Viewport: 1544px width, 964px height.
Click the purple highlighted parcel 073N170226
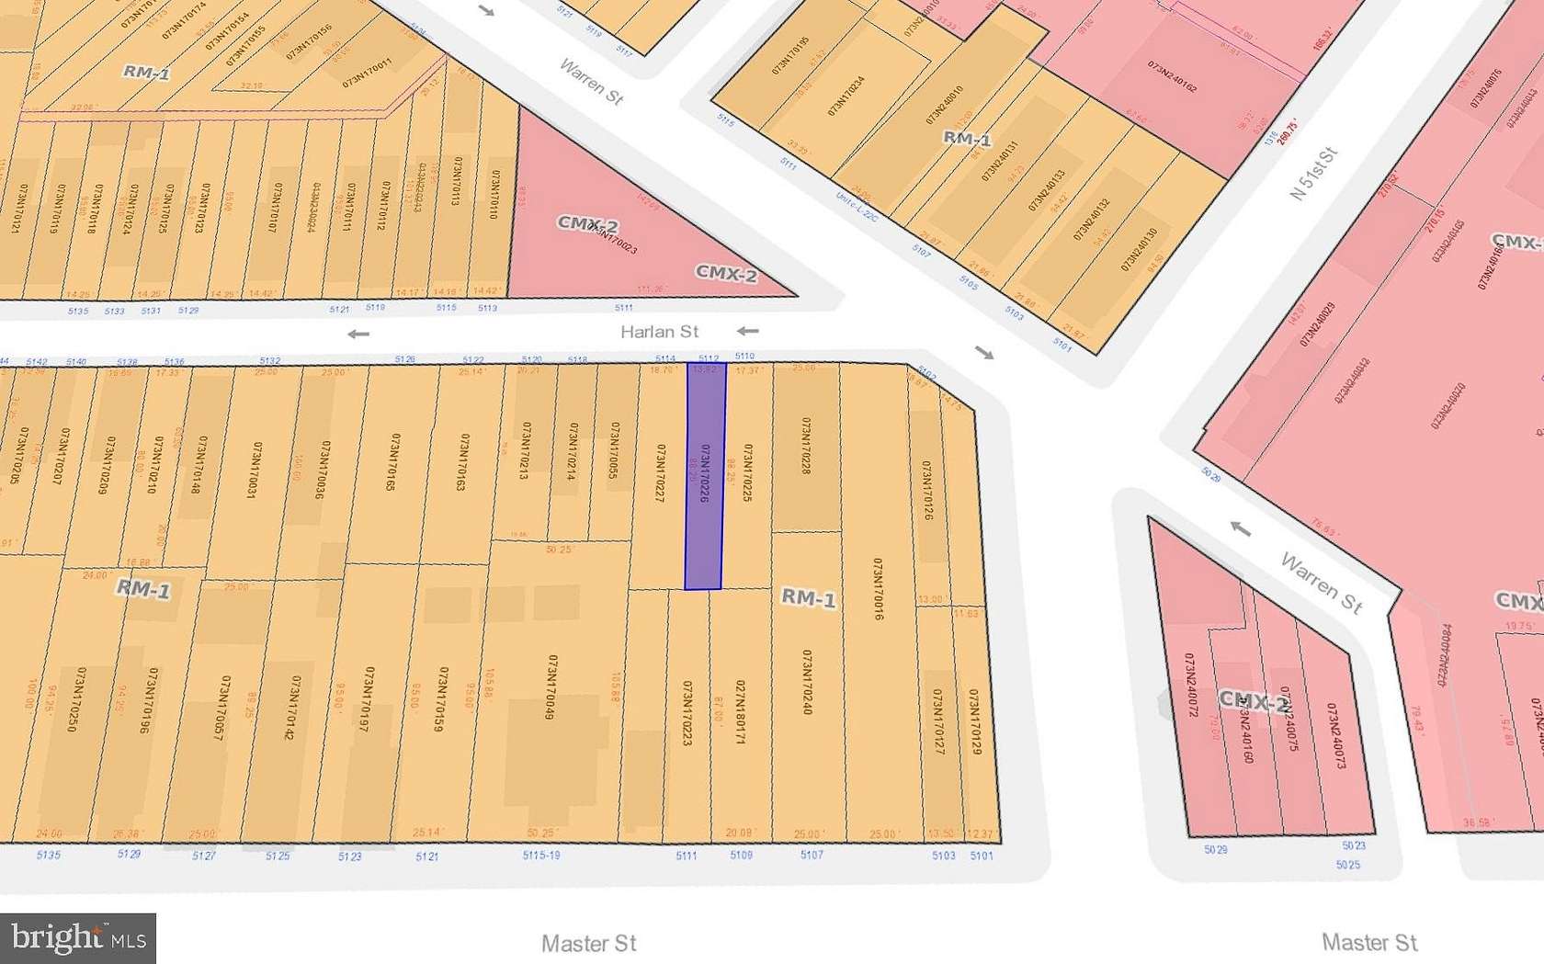point(705,475)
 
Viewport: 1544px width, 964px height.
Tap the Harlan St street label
point(659,332)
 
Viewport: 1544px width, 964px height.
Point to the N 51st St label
point(1313,174)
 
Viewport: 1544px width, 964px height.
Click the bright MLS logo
point(78,938)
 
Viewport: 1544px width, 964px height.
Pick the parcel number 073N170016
point(878,589)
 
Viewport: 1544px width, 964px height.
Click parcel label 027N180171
point(740,711)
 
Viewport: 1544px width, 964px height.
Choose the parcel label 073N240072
point(1191,685)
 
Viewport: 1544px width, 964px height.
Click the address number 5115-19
point(540,856)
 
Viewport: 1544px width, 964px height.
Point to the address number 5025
point(1347,865)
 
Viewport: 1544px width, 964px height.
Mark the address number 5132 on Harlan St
point(269,361)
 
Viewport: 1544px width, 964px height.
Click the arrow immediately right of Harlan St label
point(748,331)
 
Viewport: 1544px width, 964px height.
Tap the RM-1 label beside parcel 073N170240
point(808,598)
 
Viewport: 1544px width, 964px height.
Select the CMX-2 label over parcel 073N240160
point(1254,703)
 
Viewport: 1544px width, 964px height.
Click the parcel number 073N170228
point(806,446)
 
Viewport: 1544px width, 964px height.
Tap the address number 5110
point(744,356)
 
